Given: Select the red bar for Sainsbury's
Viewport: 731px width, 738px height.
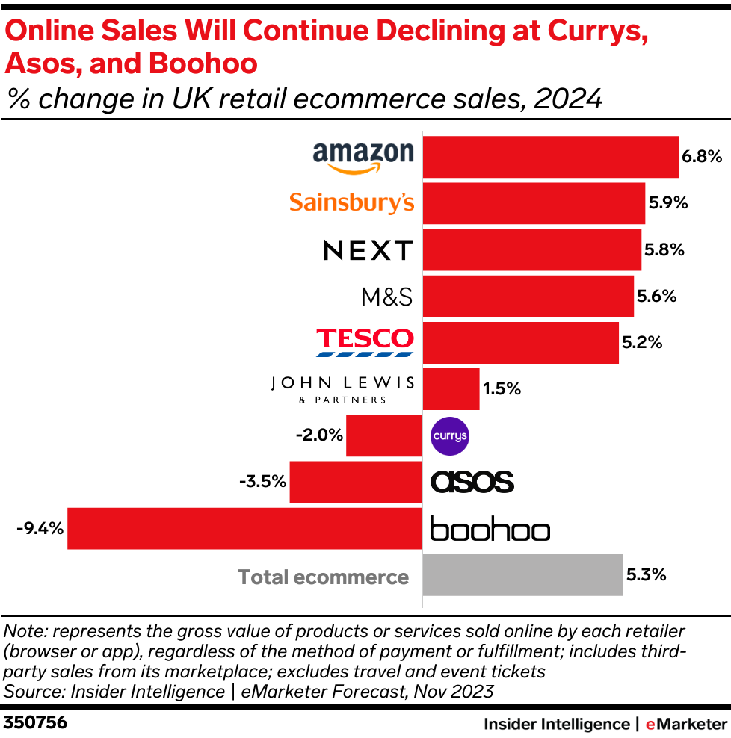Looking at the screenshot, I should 534,203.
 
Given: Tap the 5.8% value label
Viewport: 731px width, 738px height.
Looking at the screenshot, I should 664,250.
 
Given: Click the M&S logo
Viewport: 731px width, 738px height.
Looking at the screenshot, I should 387,297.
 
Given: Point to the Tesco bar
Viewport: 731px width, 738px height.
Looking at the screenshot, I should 520,343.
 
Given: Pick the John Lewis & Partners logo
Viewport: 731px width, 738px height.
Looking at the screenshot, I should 343,389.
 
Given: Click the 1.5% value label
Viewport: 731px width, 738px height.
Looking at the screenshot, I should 502,389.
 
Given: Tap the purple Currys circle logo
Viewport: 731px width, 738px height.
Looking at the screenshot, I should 451,436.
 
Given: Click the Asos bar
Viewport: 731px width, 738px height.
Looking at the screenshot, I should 356,482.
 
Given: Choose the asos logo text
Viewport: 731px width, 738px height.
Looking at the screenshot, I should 472,482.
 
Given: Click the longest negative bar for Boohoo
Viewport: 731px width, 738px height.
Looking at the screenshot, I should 244,528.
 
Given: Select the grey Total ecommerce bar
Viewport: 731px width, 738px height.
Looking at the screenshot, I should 522,575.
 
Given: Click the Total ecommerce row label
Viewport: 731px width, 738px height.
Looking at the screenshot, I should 324,577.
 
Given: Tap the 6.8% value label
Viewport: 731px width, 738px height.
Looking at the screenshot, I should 702,157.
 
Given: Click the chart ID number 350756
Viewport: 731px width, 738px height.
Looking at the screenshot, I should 34,723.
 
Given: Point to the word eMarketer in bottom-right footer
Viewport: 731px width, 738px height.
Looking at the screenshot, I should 686,723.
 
